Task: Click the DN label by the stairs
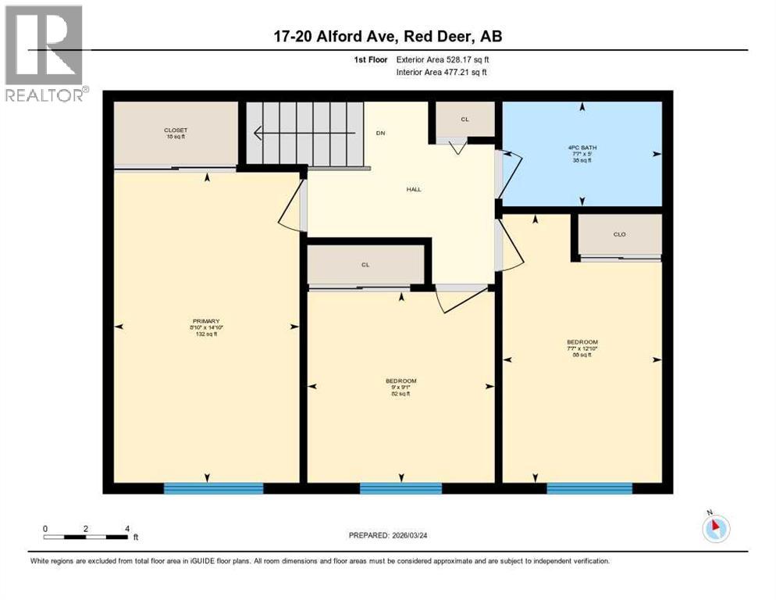pyautogui.click(x=380, y=133)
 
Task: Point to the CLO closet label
pyautogui.click(x=619, y=234)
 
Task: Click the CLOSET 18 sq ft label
pyautogui.click(x=175, y=133)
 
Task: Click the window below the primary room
pyautogui.click(x=213, y=488)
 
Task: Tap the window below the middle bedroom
pyautogui.click(x=400, y=488)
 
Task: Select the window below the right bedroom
pyautogui.click(x=589, y=488)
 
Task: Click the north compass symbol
pyautogui.click(x=715, y=528)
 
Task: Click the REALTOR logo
pyautogui.click(x=44, y=53)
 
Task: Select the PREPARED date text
pyautogui.click(x=393, y=535)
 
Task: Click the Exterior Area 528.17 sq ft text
pyautogui.click(x=443, y=59)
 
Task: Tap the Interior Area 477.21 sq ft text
pyautogui.click(x=442, y=72)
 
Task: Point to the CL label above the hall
pyautogui.click(x=464, y=120)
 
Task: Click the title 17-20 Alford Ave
pyautogui.click(x=388, y=37)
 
